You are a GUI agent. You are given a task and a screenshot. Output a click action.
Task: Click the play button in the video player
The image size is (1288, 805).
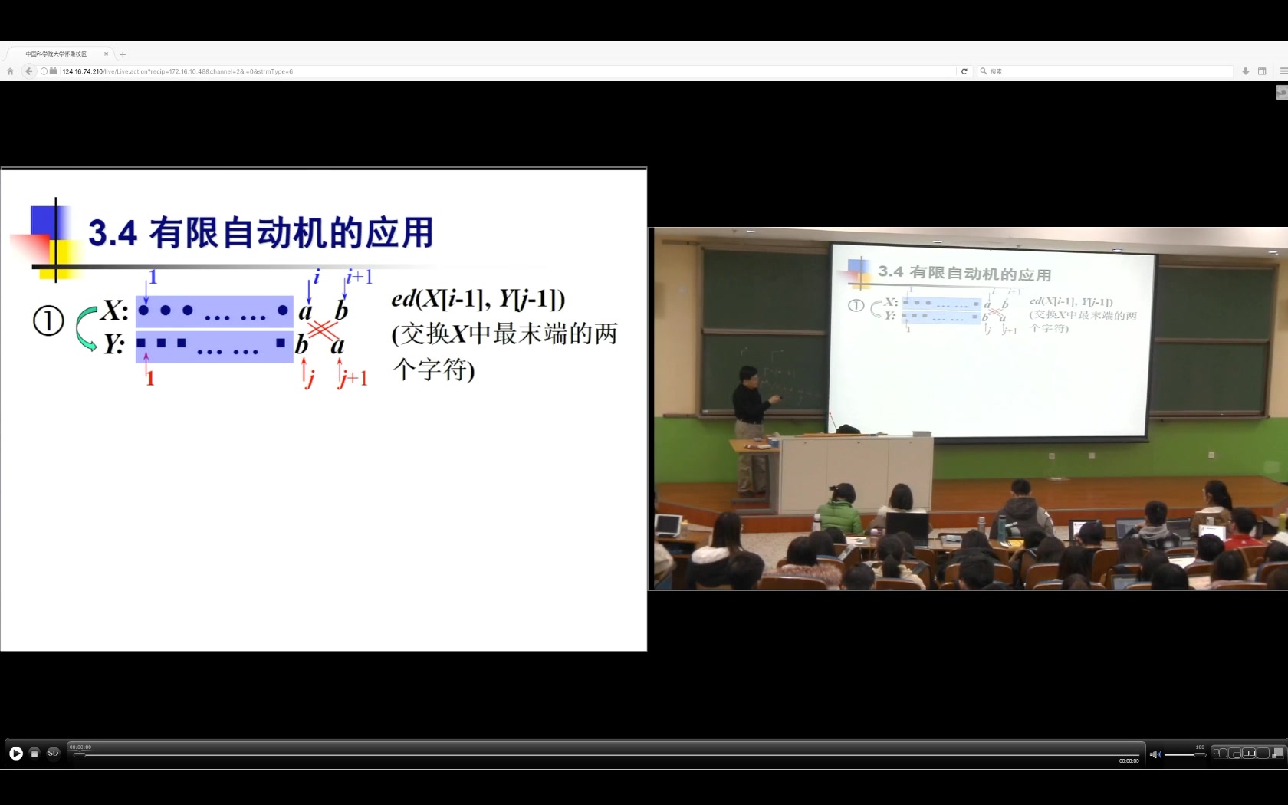tap(16, 753)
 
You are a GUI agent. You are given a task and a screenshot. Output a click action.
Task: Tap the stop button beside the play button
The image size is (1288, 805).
tap(34, 753)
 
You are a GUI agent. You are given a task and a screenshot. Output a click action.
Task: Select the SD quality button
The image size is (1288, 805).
tap(53, 753)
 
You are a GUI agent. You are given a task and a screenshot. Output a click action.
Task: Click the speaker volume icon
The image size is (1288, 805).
tap(1155, 754)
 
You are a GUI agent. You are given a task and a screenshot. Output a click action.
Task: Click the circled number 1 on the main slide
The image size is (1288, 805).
tap(48, 320)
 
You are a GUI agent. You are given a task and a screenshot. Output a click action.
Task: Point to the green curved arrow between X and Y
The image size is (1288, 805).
tap(85, 328)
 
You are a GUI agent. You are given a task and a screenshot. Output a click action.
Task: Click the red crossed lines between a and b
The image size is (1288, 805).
tap(324, 330)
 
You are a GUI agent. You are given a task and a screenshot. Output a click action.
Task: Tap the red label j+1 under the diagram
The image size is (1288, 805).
tap(353, 377)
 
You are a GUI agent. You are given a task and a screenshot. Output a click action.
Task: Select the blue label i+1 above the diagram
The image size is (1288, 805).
tap(359, 277)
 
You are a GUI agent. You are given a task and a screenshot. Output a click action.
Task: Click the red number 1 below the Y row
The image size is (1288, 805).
tap(150, 378)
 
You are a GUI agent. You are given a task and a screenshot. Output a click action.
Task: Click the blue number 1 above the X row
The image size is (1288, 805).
tap(153, 277)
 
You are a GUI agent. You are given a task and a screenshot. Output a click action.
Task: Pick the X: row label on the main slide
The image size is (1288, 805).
tap(115, 310)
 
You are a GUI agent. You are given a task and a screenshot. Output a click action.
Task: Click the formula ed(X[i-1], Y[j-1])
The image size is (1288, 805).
tap(478, 298)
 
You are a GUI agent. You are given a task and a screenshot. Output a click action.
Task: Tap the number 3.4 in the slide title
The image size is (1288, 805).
tap(113, 233)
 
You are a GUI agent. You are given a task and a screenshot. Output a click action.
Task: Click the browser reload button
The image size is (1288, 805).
tap(964, 71)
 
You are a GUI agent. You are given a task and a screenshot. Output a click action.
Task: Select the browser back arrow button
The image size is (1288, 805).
tap(29, 71)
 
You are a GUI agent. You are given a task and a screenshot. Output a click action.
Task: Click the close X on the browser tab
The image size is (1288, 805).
tap(106, 54)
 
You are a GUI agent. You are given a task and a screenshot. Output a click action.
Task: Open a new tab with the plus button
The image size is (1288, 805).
tap(123, 54)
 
